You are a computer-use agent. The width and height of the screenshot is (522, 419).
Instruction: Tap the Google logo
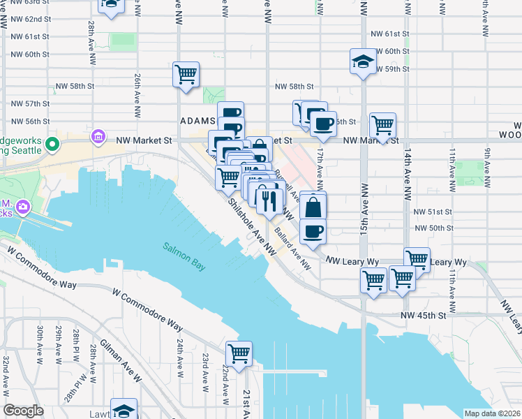(23, 411)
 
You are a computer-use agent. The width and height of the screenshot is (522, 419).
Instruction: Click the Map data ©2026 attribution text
(492, 413)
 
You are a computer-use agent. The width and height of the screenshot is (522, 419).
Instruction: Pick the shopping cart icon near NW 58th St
(186, 74)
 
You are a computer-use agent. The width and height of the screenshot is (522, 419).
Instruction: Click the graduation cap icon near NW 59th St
(363, 61)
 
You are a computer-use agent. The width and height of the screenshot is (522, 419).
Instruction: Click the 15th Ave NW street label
(364, 196)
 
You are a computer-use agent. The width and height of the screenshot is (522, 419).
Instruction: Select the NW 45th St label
(423, 316)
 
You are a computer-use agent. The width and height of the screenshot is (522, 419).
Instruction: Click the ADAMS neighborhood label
(198, 122)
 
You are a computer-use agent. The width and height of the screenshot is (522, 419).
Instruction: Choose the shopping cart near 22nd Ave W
(239, 354)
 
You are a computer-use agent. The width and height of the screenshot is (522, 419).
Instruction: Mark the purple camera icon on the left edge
(24, 207)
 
